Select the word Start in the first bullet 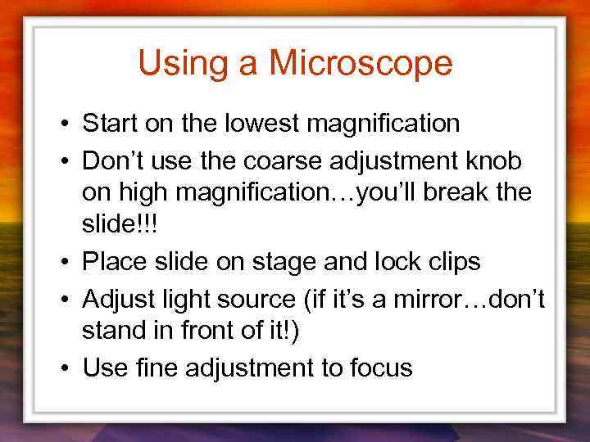(110, 124)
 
